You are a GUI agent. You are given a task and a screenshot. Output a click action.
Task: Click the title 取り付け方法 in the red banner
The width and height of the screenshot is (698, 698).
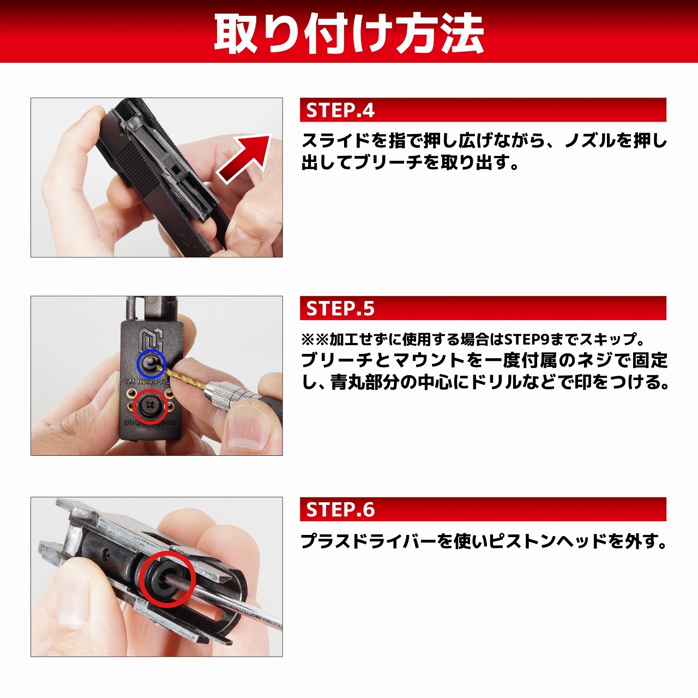349,33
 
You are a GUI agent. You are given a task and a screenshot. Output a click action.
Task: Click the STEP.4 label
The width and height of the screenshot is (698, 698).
340,110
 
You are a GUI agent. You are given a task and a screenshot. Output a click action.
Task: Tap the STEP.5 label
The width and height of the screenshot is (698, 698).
340,309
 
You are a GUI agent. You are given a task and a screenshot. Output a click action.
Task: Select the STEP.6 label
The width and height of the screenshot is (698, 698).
340,510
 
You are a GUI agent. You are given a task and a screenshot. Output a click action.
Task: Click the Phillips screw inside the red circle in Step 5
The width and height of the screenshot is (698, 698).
149,406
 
